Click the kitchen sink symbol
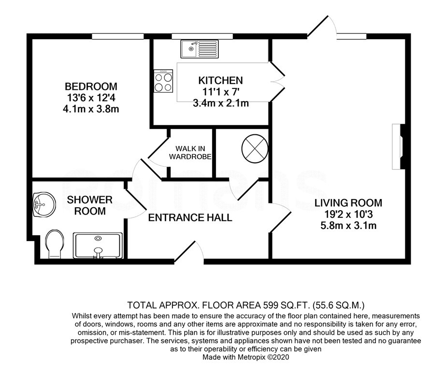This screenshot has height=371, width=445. pos(200,49)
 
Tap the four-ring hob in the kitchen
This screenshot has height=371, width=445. pos(163,81)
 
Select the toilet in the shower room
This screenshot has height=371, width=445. pos(55,244)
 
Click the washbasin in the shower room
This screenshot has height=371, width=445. pos(43,204)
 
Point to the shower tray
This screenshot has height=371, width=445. pos(98,245)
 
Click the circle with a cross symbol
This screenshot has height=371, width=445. pos(255,149)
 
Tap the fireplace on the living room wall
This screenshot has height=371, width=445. pos(398,146)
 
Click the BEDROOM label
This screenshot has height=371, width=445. pos(91,86)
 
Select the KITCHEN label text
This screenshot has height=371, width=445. pos(220,81)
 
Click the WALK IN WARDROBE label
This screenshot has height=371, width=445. pos(190,153)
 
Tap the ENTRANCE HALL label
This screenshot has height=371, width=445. pos(190,217)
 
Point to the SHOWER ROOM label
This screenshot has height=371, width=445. pos(90,205)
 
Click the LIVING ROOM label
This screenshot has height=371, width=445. pos(348,203)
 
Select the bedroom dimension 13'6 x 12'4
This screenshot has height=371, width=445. pos(91,98)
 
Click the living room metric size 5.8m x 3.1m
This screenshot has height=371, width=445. pos(348,226)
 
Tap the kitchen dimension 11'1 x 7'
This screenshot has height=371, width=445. pos(220,92)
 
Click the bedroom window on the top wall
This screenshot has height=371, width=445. pos(117,36)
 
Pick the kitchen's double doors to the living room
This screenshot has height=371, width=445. pos(277,82)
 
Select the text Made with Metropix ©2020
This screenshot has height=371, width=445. pos(246,357)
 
